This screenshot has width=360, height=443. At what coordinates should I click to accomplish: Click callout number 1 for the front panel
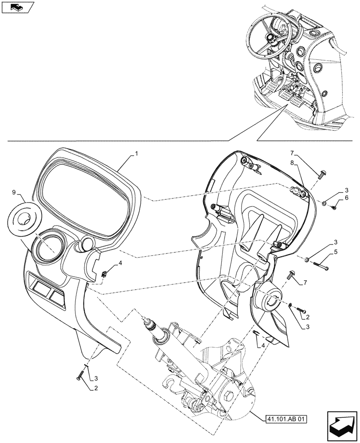coord(137,153)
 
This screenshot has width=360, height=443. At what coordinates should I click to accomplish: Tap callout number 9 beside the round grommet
coord(14,192)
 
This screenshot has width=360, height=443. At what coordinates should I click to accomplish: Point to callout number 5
coord(335,252)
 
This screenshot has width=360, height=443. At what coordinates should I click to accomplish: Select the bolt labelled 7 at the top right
coord(321,172)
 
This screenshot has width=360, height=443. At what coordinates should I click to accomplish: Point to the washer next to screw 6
coord(325,203)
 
